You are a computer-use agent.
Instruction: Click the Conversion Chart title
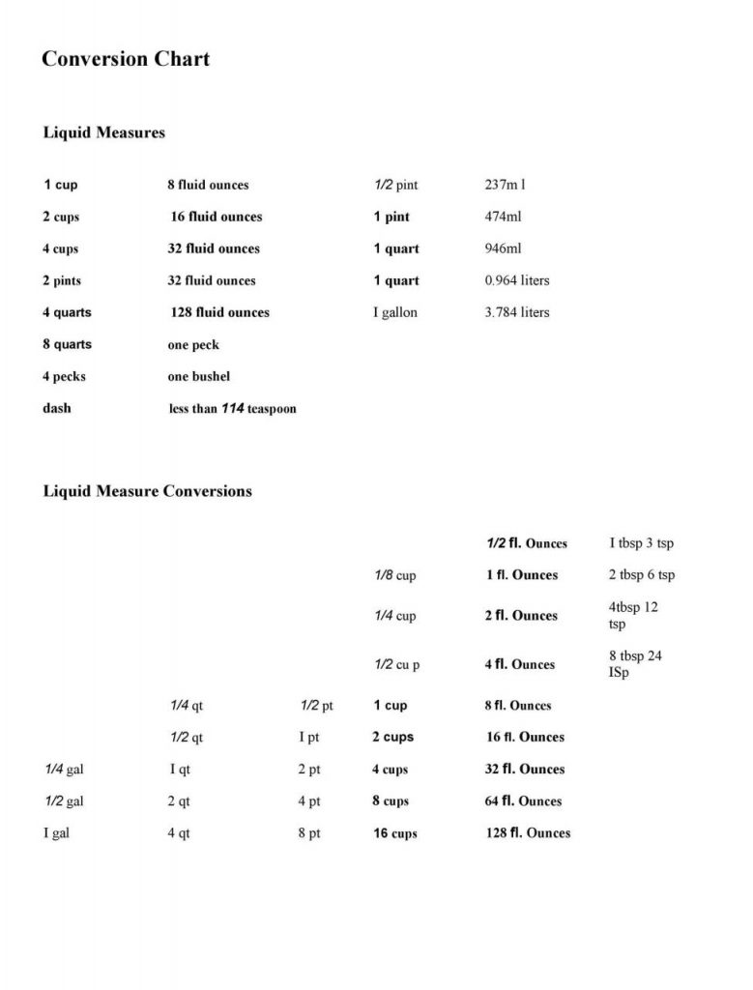[x=126, y=59]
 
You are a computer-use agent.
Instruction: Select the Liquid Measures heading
[x=103, y=132]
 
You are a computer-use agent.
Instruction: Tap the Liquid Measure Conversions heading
[x=147, y=491]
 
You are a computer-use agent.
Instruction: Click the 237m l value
[x=505, y=185]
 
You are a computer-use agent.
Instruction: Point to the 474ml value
[x=503, y=217]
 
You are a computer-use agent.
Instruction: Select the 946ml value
[x=503, y=248]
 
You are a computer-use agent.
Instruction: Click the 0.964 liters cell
[x=516, y=280]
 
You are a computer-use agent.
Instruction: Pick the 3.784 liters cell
[x=516, y=312]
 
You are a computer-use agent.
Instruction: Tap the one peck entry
[x=193, y=345]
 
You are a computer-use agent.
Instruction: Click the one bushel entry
[x=199, y=376]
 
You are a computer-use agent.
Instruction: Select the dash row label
[x=56, y=408]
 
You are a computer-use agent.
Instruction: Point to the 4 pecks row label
[x=64, y=376]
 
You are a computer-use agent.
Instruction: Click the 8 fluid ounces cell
[x=208, y=185]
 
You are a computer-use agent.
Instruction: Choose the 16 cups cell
[x=395, y=833]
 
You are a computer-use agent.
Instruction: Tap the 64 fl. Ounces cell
[x=523, y=801]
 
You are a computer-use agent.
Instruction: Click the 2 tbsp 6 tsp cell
[x=642, y=575]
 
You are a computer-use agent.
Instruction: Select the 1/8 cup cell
[x=394, y=575]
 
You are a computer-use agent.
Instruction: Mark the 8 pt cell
[x=309, y=833]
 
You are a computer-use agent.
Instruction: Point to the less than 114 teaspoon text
[x=232, y=409]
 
